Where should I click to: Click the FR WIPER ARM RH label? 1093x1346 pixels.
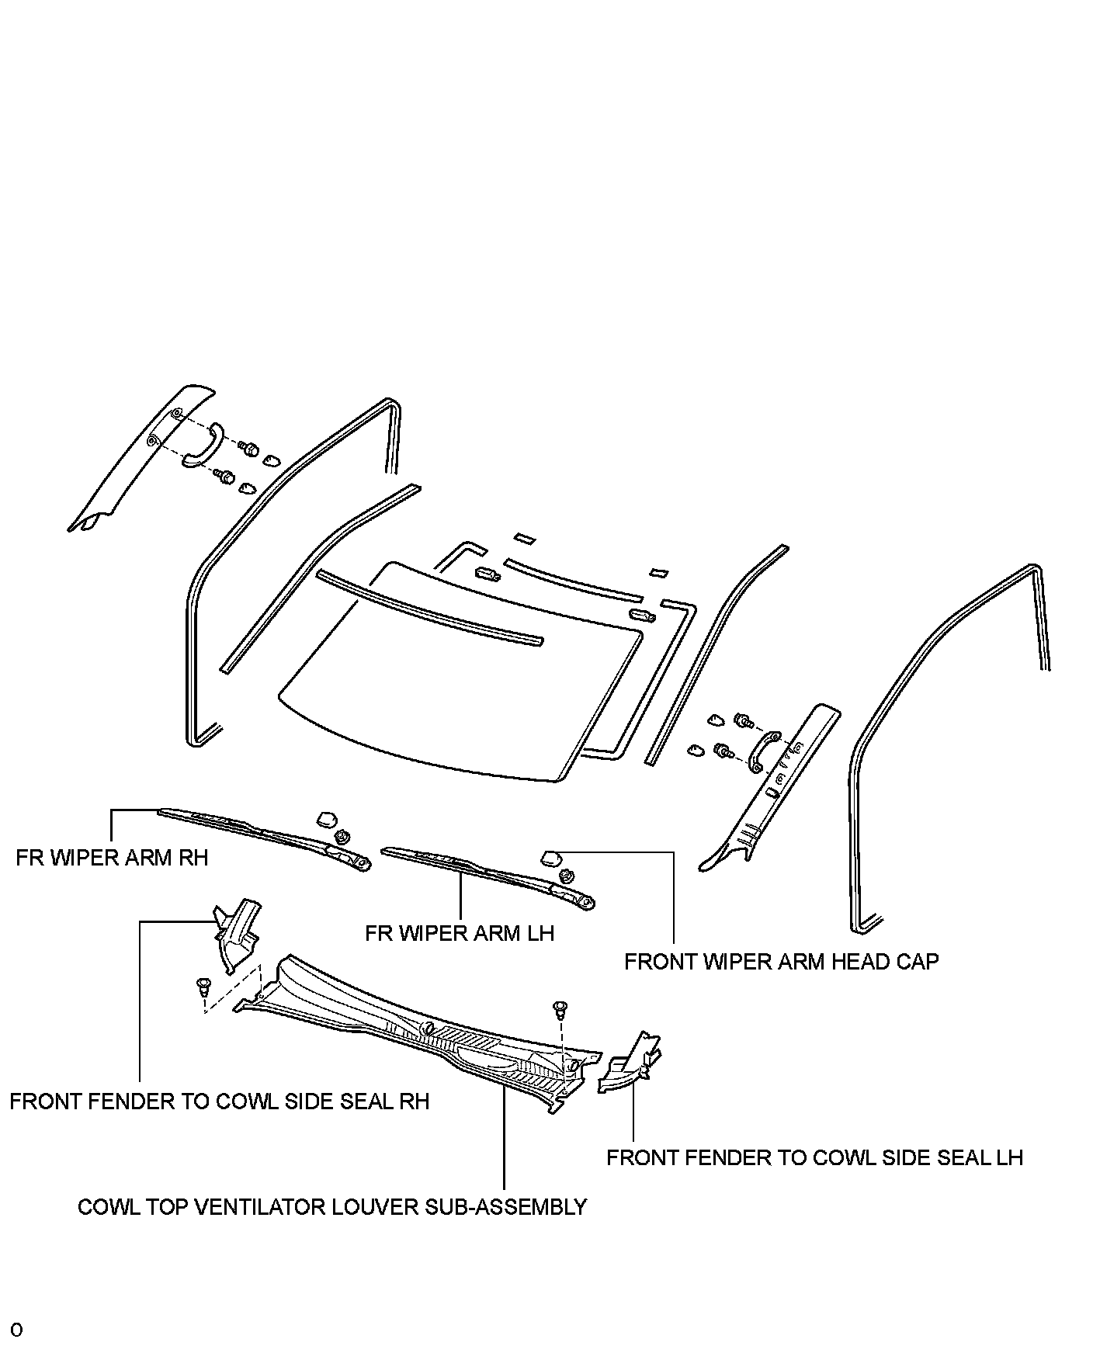(112, 858)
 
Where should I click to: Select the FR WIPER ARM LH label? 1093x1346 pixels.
(460, 932)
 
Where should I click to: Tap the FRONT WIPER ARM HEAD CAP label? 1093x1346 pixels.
(781, 962)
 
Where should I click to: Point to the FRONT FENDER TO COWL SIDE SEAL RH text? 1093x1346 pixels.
(220, 1101)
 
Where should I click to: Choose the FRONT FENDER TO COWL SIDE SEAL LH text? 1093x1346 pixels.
(814, 1157)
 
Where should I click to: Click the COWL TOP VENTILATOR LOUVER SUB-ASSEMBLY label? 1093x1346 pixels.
(332, 1207)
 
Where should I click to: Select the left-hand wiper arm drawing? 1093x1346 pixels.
(489, 874)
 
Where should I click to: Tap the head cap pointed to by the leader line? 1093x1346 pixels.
(550, 856)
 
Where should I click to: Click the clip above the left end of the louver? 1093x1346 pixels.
(204, 987)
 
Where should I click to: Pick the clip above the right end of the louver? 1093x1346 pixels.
(560, 1009)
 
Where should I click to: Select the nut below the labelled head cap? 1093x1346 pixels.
(567, 875)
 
